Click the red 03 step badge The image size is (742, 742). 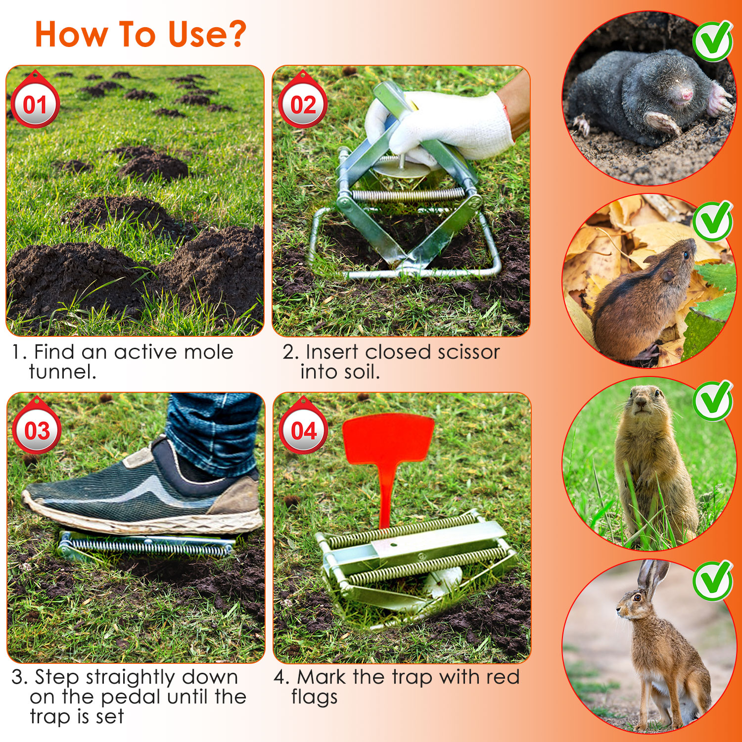pyautogui.click(x=37, y=430)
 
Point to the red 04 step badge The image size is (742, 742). pyautogui.click(x=303, y=430)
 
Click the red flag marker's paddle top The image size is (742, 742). pyautogui.click(x=388, y=438)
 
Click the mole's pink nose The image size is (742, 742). pyautogui.click(x=687, y=94)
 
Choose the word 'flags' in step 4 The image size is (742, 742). pyautogui.click(x=314, y=697)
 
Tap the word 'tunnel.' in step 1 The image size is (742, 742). pyautogui.click(x=62, y=372)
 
